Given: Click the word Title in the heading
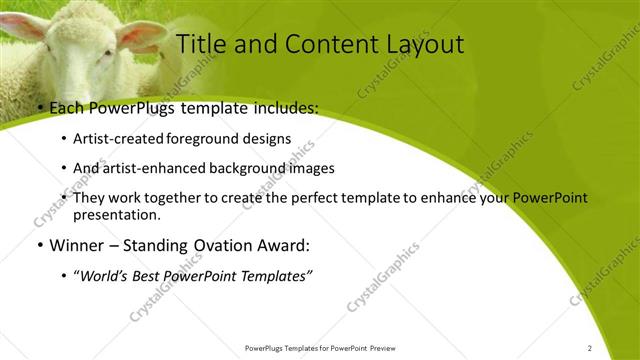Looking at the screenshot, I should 199,44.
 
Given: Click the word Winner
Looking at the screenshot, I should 76,245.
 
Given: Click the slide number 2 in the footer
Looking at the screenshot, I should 590,348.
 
